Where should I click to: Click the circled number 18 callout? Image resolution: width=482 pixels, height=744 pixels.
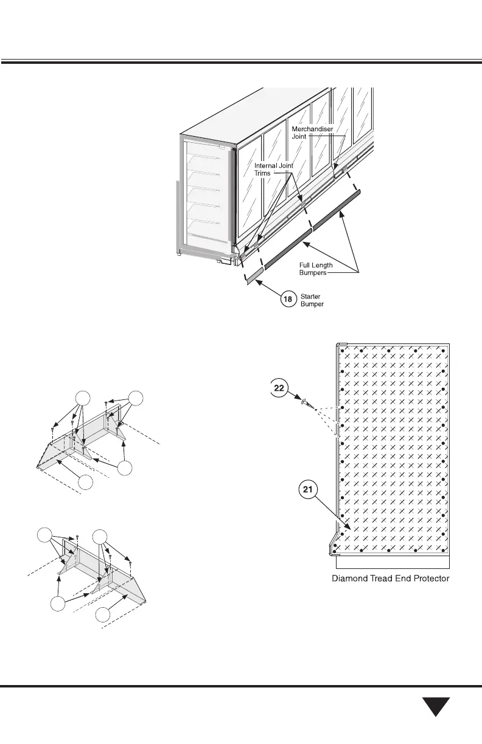point(288,300)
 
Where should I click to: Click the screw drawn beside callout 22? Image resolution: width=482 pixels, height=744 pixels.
point(306,402)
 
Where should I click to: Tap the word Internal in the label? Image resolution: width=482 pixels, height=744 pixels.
point(265,165)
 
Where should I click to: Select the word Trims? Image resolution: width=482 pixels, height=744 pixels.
point(263,173)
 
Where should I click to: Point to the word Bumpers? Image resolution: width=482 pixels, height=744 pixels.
point(313,273)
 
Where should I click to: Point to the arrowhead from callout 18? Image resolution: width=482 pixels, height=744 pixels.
point(257,280)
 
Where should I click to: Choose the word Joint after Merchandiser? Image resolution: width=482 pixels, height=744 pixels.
point(301,137)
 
